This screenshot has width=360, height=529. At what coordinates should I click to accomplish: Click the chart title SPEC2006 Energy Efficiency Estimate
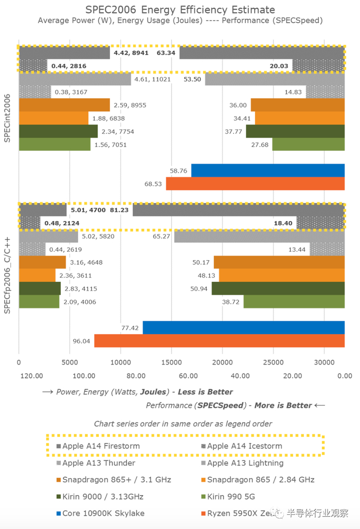(x=180, y=10)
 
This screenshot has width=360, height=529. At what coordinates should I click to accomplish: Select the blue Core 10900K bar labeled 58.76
(x=267, y=170)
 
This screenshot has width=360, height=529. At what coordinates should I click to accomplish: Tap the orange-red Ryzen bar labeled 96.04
(x=219, y=341)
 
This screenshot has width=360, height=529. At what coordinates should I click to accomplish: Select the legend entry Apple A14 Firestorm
(x=101, y=446)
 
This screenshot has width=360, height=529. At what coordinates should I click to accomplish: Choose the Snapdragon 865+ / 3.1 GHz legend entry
(x=116, y=480)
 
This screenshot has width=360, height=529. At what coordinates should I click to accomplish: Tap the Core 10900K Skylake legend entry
(x=103, y=514)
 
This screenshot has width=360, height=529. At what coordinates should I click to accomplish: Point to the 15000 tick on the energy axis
(x=171, y=363)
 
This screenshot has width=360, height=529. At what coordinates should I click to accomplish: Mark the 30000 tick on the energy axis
(x=324, y=363)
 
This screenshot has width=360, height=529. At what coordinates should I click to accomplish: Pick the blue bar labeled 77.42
(x=243, y=327)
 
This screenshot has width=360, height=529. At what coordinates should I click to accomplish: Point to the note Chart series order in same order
(x=183, y=424)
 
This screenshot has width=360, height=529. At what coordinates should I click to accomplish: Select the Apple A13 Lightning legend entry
(x=245, y=463)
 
